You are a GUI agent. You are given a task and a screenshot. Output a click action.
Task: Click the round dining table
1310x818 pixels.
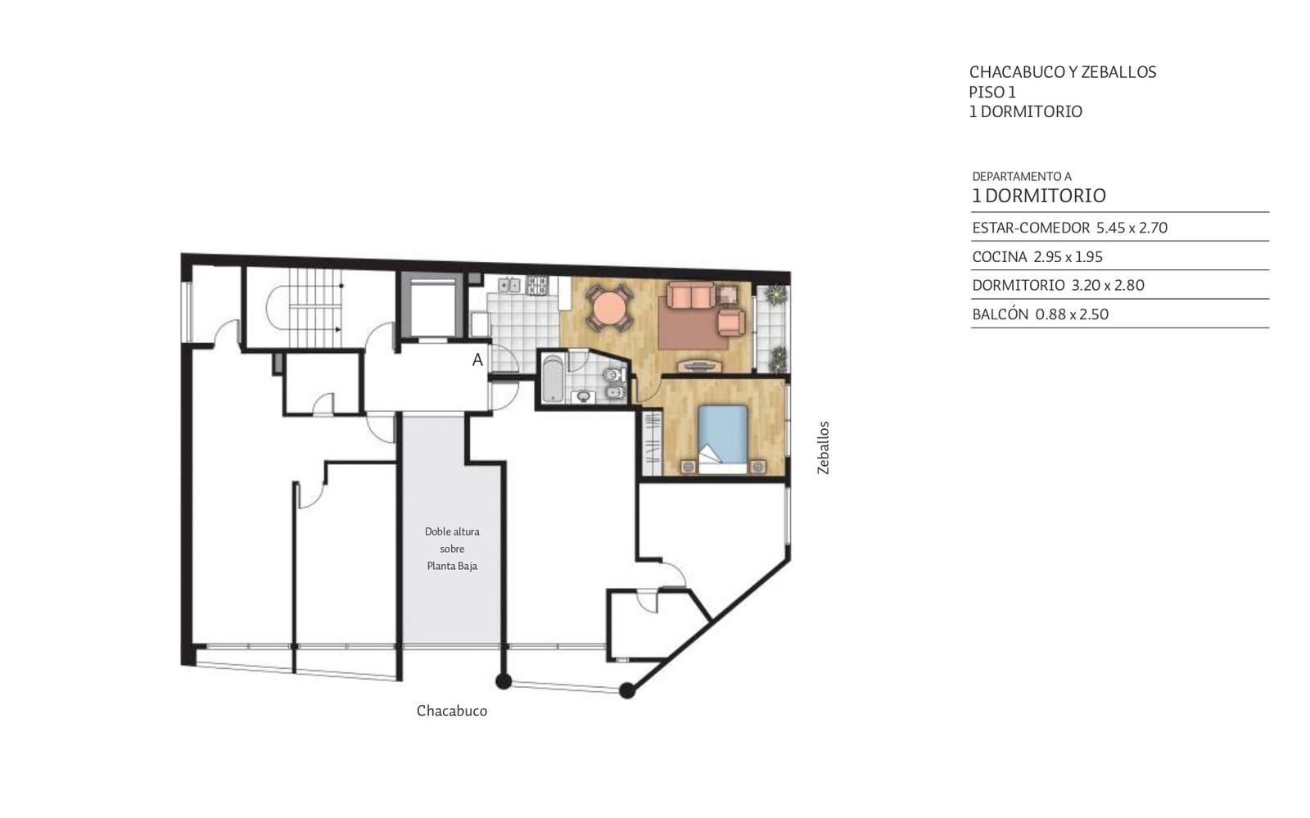point(609,308)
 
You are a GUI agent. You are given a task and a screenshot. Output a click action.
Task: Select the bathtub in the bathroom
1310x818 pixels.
point(553,379)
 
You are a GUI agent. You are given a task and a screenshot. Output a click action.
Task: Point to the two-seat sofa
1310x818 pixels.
point(691,296)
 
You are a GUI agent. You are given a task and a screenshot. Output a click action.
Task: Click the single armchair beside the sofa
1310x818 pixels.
point(732,323)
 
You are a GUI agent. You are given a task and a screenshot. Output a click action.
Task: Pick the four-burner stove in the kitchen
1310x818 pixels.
point(537,285)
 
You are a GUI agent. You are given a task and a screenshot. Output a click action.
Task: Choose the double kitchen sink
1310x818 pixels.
point(509,285)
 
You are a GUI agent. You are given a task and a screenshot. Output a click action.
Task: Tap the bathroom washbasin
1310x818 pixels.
point(584,397)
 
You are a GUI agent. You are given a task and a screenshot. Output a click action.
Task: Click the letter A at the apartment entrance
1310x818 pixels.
point(478,360)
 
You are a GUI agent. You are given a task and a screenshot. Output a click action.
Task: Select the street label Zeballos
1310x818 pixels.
point(824,448)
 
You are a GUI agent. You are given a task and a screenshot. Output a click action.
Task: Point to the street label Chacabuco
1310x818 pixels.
point(451,711)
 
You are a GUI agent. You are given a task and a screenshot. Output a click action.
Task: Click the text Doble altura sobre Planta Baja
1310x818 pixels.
point(452,549)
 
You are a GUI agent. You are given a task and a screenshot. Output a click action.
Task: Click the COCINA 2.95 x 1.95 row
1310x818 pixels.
point(1037,256)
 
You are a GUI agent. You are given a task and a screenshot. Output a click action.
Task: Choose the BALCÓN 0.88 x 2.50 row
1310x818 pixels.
point(1041,314)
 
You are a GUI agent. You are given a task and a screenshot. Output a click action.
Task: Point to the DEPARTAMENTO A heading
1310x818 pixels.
point(1022,177)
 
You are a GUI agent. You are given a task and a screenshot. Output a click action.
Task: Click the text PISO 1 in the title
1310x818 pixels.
point(992,93)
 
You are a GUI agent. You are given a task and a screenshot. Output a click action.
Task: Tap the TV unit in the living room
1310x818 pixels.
point(699,366)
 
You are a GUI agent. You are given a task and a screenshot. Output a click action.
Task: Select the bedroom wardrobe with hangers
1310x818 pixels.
point(652,443)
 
